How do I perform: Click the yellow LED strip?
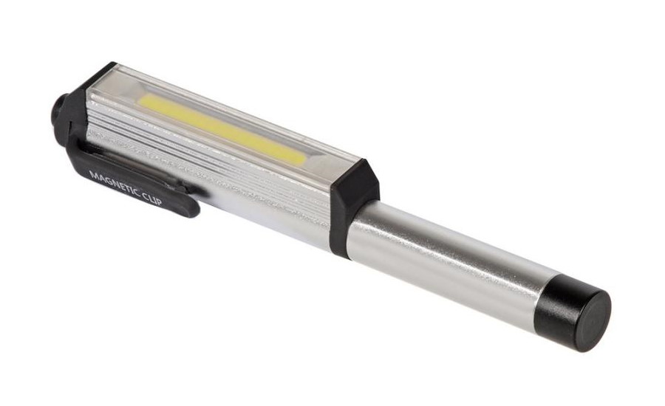pos(222,128)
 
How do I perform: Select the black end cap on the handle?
pos(573,313)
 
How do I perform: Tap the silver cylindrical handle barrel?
pos(446,254)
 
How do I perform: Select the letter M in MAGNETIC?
pos(94,174)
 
